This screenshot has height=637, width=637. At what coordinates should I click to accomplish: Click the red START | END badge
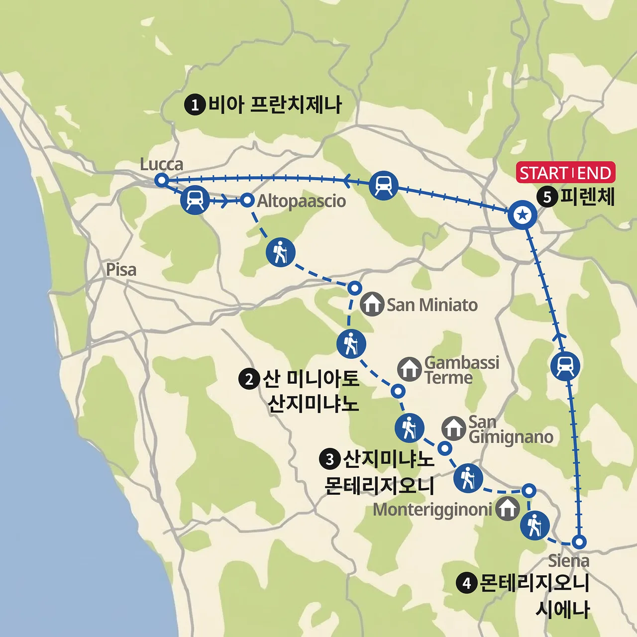click(x=565, y=173)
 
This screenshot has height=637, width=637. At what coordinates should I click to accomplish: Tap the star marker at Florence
click(x=523, y=215)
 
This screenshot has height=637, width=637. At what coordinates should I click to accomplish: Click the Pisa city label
click(x=121, y=270)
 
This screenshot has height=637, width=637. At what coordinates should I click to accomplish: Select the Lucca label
click(x=161, y=164)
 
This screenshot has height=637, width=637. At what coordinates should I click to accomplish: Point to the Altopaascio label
click(x=302, y=201)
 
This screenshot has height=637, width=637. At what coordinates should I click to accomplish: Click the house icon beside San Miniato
click(x=372, y=304)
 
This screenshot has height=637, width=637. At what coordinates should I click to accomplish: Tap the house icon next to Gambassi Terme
click(x=410, y=369)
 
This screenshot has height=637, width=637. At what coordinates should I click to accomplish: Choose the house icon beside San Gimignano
click(x=453, y=428)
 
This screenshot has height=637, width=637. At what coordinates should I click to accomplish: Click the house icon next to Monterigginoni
click(x=508, y=508)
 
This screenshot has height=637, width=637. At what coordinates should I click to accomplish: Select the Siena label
click(x=568, y=561)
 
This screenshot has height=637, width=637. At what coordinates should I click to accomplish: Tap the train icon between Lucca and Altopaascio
click(x=195, y=200)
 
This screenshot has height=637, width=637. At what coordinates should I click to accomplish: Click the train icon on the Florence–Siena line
click(x=565, y=366)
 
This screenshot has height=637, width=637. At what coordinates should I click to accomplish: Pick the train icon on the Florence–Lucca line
click(x=384, y=185)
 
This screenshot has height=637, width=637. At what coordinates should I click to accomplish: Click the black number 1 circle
click(x=195, y=105)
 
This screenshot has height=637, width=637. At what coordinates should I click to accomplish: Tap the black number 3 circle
click(x=329, y=459)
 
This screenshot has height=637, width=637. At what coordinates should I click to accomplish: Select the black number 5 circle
click(x=547, y=197)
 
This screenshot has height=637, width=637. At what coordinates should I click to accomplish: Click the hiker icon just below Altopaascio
click(x=281, y=252)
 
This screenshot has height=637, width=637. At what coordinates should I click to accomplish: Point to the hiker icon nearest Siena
click(x=534, y=526)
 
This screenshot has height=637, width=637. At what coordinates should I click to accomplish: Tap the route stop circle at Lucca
click(x=161, y=180)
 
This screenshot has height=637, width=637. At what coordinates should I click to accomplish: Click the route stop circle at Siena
click(x=579, y=542)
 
